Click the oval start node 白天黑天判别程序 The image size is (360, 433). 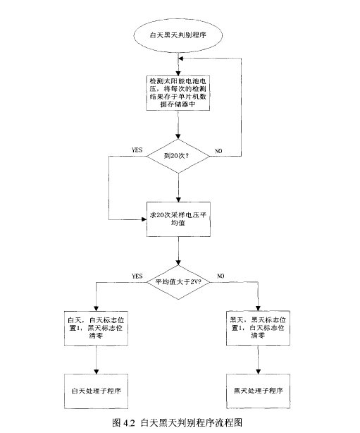tap(179, 33)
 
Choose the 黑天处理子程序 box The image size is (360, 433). tap(259, 389)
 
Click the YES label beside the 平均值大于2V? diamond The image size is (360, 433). tap(138, 275)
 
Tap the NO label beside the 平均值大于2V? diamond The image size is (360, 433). tap(221, 275)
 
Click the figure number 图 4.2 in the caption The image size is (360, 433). tap(124, 423)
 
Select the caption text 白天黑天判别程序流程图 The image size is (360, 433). tap(192, 423)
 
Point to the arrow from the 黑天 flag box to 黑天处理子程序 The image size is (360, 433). tap(259, 361)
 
